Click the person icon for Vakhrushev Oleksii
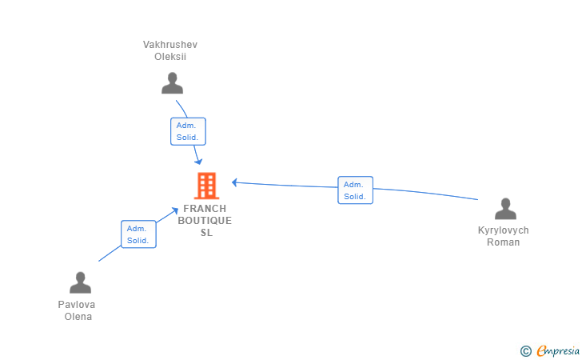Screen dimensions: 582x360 click(x=172, y=83)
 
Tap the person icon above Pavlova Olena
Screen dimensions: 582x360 click(x=80, y=282)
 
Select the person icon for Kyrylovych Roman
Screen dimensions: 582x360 click(x=505, y=209)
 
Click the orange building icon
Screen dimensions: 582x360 click(x=207, y=186)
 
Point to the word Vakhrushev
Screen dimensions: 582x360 click(x=170, y=45)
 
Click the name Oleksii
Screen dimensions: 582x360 click(x=170, y=57)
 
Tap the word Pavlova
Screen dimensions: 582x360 click(x=77, y=305)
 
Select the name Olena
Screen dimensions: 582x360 click(x=78, y=317)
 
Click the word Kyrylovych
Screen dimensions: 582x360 click(x=504, y=230)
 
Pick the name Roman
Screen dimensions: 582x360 click(x=504, y=242)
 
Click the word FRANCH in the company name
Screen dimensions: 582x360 click(x=205, y=209)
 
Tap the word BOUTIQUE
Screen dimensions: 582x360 click(x=205, y=221)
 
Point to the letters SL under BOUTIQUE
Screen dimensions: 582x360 click(x=207, y=233)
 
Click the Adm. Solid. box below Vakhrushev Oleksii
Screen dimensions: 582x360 click(x=188, y=131)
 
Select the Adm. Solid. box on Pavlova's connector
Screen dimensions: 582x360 click(x=138, y=234)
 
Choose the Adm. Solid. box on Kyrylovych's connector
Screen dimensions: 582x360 click(x=355, y=190)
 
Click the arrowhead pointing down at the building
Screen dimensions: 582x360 click(x=199, y=162)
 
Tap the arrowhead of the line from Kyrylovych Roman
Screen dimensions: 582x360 click(x=234, y=182)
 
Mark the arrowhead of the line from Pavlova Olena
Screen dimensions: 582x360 click(x=175, y=211)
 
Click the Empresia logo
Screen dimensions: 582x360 click(x=550, y=350)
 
